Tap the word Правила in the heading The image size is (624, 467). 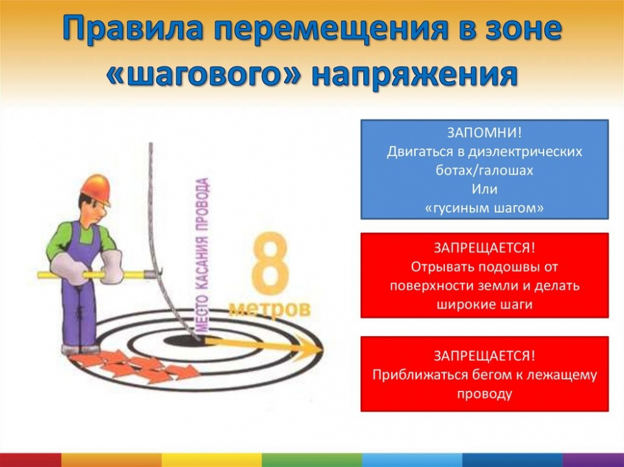(134, 29)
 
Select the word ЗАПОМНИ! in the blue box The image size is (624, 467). (484, 132)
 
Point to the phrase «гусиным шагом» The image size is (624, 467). (484, 208)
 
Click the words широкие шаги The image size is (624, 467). (484, 304)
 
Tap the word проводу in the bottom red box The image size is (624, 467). (484, 394)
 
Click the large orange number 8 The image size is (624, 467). (270, 264)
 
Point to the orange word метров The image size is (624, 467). (270, 308)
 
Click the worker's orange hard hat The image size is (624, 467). (96, 189)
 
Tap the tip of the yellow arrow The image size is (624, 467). (323, 350)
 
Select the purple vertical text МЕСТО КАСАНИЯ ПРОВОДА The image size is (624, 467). (203, 254)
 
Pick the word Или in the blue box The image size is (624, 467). (484, 189)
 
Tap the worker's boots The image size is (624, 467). (80, 349)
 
